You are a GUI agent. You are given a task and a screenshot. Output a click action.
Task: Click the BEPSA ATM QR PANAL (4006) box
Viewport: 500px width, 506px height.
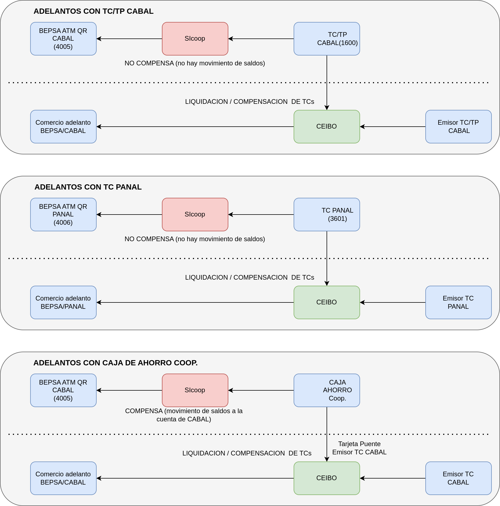pyautogui.click(x=63, y=215)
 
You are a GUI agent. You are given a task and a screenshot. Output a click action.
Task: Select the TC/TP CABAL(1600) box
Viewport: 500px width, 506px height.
pyautogui.click(x=327, y=39)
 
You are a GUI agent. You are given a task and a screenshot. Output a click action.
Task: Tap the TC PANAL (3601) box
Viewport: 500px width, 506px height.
pyautogui.click(x=327, y=215)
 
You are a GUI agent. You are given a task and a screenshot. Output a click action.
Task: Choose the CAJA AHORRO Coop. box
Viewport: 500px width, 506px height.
pyautogui.click(x=327, y=390)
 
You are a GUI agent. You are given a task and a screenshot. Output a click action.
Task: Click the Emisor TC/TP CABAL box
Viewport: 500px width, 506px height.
pyautogui.click(x=459, y=127)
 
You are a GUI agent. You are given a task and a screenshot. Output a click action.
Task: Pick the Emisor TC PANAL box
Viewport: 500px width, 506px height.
pyautogui.click(x=459, y=302)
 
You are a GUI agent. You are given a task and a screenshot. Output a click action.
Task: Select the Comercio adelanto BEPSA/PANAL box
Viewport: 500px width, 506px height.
pyautogui.click(x=63, y=302)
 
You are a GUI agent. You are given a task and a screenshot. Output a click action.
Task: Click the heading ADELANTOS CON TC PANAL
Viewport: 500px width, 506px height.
pyautogui.click(x=88, y=187)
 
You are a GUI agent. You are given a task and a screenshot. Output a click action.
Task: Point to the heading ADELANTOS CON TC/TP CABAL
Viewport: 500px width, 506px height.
pyautogui.click(x=94, y=11)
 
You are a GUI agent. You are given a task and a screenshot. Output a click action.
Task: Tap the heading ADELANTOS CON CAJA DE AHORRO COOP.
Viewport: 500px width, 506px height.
pyautogui.click(x=116, y=363)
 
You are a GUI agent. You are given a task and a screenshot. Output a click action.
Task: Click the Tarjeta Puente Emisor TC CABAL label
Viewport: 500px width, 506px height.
pyautogui.click(x=359, y=448)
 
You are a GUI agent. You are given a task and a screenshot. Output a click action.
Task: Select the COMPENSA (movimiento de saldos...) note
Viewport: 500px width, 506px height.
pyautogui.click(x=184, y=415)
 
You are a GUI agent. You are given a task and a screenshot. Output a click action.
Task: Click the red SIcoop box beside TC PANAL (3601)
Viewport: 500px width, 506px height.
pyautogui.click(x=195, y=215)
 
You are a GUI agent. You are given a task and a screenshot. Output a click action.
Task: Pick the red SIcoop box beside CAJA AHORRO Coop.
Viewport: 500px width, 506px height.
pyautogui.click(x=195, y=390)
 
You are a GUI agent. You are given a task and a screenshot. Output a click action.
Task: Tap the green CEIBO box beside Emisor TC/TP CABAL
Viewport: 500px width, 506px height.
pyautogui.click(x=327, y=127)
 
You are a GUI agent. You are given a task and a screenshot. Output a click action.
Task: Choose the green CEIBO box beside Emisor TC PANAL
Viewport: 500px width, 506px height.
pyautogui.click(x=327, y=302)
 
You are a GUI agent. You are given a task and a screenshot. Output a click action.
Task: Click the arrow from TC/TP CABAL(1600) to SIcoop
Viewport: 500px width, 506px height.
pyautogui.click(x=261, y=39)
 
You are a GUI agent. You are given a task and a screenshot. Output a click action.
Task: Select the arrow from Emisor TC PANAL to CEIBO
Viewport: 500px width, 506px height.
pyautogui.click(x=393, y=302)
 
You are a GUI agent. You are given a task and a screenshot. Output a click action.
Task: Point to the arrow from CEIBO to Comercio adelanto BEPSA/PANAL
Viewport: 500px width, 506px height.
pyautogui.click(x=195, y=302)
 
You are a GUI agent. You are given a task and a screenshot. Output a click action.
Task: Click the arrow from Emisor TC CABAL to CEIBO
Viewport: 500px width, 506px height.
pyautogui.click(x=393, y=478)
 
